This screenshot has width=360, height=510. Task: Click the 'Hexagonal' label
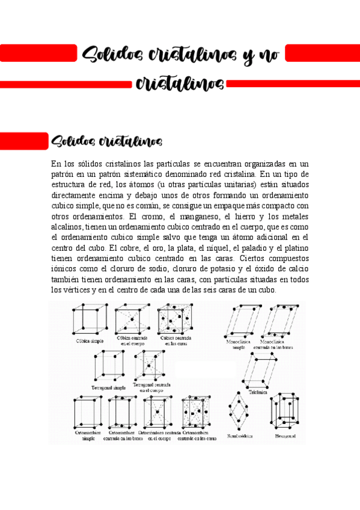click(x=285, y=436)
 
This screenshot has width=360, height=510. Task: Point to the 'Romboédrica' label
click(x=239, y=436)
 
